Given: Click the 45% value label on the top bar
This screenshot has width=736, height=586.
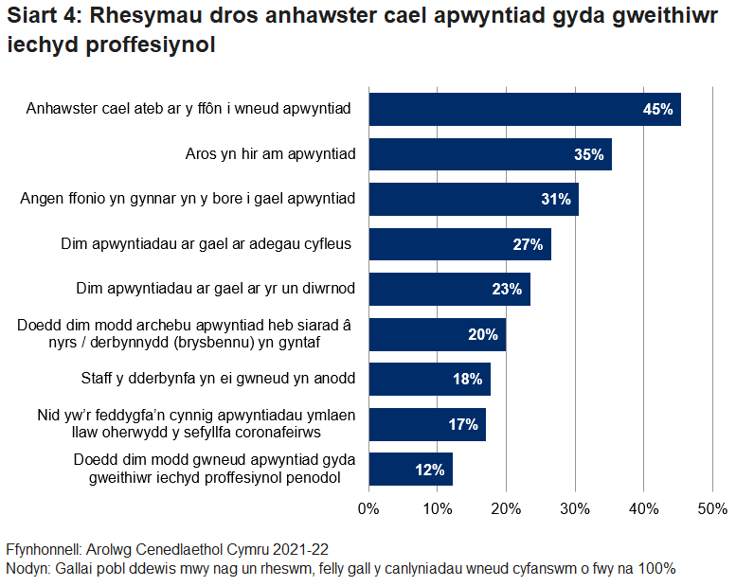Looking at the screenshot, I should coord(657,110).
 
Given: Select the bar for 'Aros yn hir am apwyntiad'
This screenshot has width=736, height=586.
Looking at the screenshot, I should coord(490,154).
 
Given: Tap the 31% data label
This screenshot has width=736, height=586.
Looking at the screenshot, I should coord(555,200).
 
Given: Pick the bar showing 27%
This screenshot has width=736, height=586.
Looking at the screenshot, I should coord(459,244).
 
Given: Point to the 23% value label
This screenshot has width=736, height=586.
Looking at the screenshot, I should coord(507,290).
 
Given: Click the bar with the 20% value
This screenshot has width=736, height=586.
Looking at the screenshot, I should coord(437,334).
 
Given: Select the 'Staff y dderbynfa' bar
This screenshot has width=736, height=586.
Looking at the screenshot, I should coord(429,380).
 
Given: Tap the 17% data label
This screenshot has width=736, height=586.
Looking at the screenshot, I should coord(463,424).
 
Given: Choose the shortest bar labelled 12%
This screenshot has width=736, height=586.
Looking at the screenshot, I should coord(410,470).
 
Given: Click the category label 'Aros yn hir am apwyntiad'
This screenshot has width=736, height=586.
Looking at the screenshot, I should coord(270,154).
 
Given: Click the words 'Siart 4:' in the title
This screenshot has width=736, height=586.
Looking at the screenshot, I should coord(44,16).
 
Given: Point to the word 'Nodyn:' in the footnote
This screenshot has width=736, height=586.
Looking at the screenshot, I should coord(28,568).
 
